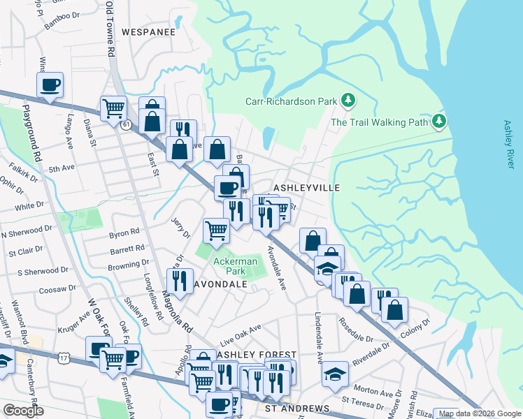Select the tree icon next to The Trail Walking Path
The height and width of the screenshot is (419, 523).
pos(438,122)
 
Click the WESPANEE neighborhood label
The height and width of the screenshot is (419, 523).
pos(147,31)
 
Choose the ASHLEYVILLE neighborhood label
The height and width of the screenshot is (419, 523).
pos(306,188)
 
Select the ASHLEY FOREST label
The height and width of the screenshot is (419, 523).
pos(257,355)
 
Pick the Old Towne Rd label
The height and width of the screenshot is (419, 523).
pos(109,28)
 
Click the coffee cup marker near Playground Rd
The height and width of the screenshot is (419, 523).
pos(50,85)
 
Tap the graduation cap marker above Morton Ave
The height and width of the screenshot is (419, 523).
pos(336,373)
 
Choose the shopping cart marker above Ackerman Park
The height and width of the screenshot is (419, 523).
pos(217,230)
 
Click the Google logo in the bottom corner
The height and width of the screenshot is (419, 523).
pos(23,411)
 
